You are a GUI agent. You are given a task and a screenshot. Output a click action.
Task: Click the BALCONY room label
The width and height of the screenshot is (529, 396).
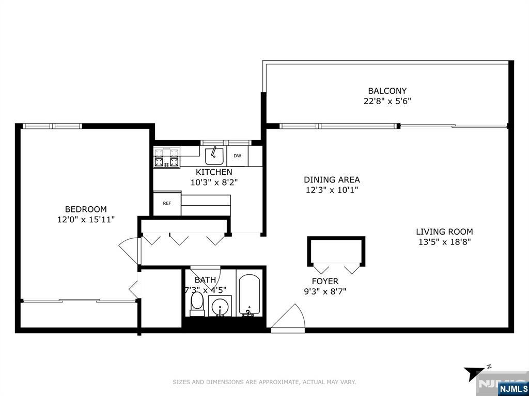387,91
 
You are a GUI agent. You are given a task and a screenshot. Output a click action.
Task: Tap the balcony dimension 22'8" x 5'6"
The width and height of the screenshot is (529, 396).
387,101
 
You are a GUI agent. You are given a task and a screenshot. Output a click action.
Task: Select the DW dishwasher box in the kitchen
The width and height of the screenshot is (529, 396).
237,156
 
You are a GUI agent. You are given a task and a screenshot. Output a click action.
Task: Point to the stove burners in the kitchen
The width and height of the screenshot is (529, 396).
166,158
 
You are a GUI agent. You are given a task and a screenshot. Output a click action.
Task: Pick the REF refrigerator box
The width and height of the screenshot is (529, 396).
167,203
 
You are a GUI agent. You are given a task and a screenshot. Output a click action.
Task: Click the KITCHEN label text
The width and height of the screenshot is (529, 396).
214,172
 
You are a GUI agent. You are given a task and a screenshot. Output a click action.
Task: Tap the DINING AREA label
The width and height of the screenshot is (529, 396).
332,180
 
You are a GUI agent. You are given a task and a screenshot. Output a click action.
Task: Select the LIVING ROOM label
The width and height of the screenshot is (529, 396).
444,232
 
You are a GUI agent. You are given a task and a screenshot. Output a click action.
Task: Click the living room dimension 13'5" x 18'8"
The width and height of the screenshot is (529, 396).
444,241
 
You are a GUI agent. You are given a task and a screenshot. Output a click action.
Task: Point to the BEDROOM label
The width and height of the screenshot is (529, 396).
86,209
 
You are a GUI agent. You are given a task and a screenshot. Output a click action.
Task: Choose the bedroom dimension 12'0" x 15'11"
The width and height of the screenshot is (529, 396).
86,219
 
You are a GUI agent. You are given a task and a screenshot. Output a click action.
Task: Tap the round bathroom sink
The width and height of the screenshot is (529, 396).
220,307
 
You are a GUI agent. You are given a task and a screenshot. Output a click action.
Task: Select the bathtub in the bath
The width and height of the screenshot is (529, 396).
250,295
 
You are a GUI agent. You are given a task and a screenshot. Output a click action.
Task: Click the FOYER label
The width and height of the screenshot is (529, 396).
325,281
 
